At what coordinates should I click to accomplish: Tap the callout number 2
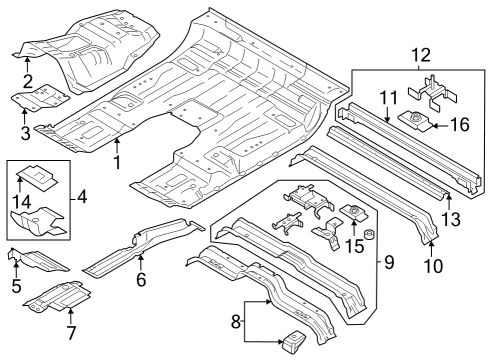click(x=27, y=81)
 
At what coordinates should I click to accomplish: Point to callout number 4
click(x=82, y=198)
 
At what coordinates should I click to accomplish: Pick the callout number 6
click(x=140, y=281)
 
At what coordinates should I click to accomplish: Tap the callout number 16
click(x=459, y=126)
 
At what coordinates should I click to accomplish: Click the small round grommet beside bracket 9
click(x=368, y=236)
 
